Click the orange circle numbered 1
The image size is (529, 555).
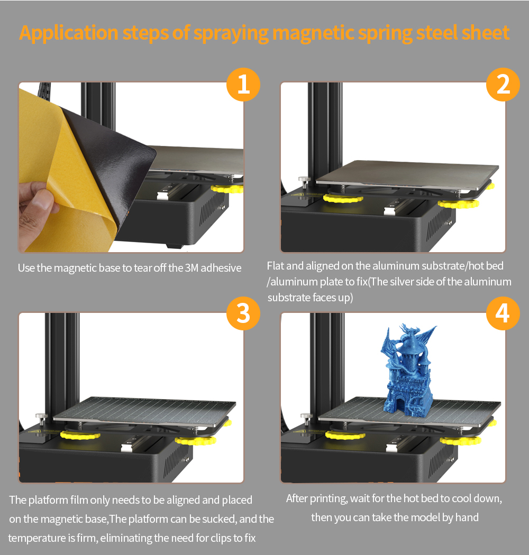pos(243,85)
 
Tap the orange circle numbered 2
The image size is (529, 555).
pos(503,85)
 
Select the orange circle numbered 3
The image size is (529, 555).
pos(243,313)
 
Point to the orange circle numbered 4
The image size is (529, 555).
pos(503,313)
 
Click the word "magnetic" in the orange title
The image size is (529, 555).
pos(313,33)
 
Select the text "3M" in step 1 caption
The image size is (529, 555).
pos(191,268)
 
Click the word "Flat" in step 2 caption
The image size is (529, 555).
pos(275,265)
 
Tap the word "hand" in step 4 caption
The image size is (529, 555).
pos(467,517)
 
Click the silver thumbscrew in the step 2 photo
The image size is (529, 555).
pos(304,181)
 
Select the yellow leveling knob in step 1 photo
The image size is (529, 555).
pos(227,188)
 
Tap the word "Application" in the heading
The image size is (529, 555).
pos(69,33)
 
